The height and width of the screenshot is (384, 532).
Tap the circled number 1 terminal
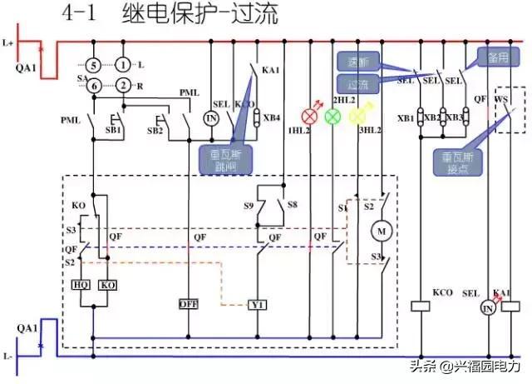tap(123, 65)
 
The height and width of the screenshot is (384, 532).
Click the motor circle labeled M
tap(383, 230)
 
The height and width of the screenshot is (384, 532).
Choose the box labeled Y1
tap(258, 305)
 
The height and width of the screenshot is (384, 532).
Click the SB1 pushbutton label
tap(111, 132)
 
